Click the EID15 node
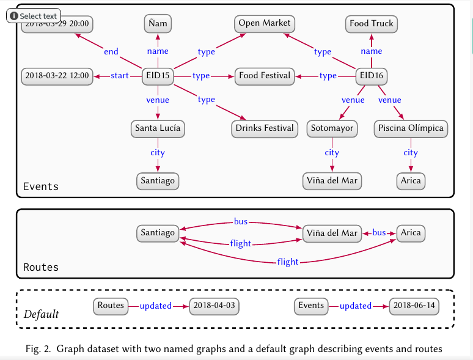158,76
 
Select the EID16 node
372,76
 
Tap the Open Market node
265,24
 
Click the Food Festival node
264,76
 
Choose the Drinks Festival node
264,129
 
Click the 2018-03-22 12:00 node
56,76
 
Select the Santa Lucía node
158,129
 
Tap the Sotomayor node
332,129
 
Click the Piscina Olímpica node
411,129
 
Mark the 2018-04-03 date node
214,306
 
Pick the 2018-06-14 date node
415,306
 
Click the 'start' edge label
120,76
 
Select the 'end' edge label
111,52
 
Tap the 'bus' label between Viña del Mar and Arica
380,233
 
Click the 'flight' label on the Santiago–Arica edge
288,262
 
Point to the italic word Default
41,315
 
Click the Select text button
34,16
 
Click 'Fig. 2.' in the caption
39,349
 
